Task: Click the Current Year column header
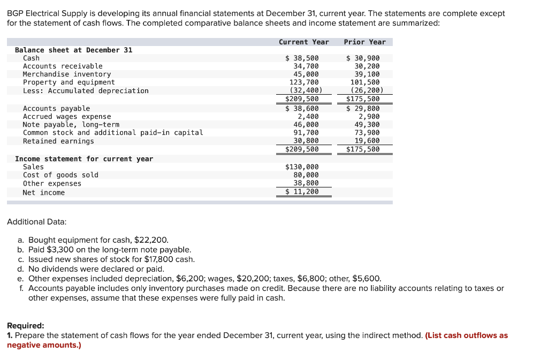click(303, 42)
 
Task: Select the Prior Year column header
click(364, 42)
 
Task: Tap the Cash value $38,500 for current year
click(302, 58)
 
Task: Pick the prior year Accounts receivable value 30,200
click(367, 66)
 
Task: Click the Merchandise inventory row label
click(67, 74)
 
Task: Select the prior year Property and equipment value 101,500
click(365, 82)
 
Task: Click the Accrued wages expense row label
click(67, 117)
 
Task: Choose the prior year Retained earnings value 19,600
click(367, 141)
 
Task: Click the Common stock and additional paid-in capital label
click(113, 133)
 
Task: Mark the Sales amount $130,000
click(302, 167)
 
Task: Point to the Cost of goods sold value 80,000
click(306, 175)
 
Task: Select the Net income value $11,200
click(302, 192)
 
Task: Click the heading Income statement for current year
click(84, 159)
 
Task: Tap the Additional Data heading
click(36, 221)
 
